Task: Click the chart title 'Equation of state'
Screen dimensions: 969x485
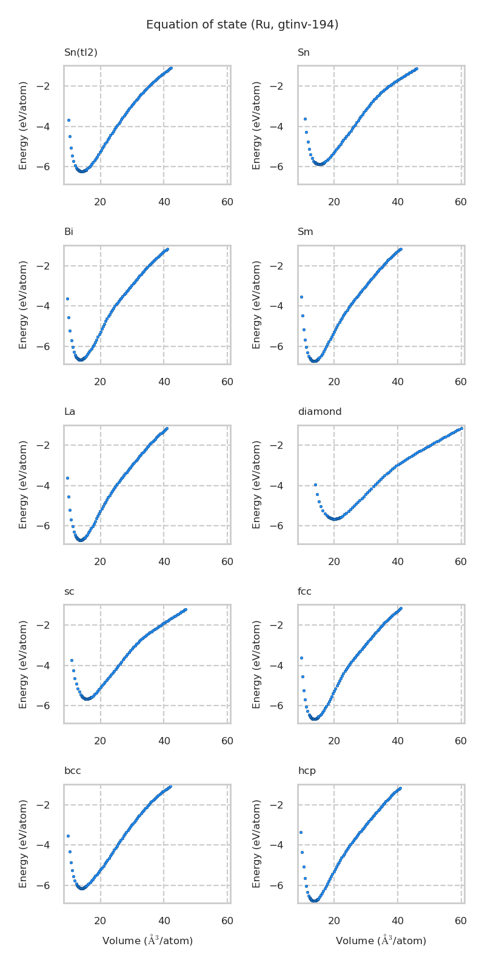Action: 242,25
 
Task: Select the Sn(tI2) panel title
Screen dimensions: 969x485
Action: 81,53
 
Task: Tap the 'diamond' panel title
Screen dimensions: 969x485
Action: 319,412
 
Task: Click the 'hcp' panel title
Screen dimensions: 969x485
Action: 307,771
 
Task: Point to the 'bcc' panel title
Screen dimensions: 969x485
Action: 73,771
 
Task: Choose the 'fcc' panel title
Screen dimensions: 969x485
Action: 304,592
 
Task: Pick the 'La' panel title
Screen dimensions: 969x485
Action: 70,412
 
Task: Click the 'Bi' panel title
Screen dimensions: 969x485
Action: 69,232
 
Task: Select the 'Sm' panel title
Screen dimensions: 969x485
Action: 306,232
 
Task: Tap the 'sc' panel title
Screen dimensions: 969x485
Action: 69,592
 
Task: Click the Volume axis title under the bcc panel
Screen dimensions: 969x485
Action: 147,941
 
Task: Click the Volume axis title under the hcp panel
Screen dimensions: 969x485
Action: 381,941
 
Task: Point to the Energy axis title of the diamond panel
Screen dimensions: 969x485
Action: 257,484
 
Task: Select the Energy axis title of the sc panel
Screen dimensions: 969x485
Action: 24,664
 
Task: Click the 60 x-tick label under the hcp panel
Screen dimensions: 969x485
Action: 461,921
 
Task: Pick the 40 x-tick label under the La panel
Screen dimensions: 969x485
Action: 164,562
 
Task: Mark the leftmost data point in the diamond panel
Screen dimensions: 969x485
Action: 315,484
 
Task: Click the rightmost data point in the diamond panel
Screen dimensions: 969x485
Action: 461,428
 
